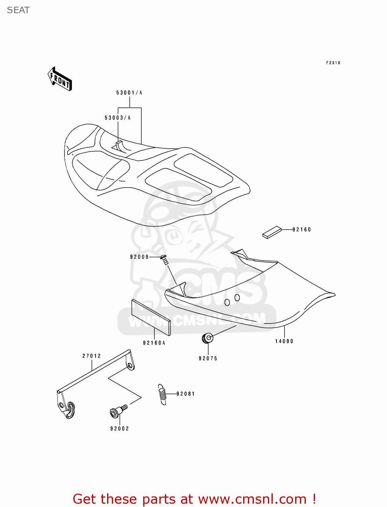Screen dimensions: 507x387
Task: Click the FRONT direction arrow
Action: pos(60,79)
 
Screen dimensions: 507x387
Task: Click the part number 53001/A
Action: pos(129,93)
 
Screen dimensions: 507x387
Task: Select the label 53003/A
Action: pos(118,118)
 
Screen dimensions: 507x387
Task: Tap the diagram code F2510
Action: pos(333,63)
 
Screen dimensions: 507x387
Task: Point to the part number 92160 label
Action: pos(302,230)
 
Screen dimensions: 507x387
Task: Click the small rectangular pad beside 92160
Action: pos(272,232)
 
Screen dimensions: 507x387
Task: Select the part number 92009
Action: pos(139,257)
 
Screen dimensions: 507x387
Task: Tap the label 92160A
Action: pos(154,343)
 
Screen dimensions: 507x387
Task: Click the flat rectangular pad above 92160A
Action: pos(151,317)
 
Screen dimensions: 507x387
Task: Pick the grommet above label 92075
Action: pos(207,338)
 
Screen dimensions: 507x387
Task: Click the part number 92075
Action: pos(208,358)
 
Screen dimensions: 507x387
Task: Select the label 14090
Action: pos(284,341)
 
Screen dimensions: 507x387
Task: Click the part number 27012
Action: pos(92,356)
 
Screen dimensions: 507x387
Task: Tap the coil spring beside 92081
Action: pos(162,394)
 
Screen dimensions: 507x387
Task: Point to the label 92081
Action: pos(186,394)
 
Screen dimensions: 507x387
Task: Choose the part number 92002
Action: pos(120,429)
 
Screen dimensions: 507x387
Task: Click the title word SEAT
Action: pos(18,10)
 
